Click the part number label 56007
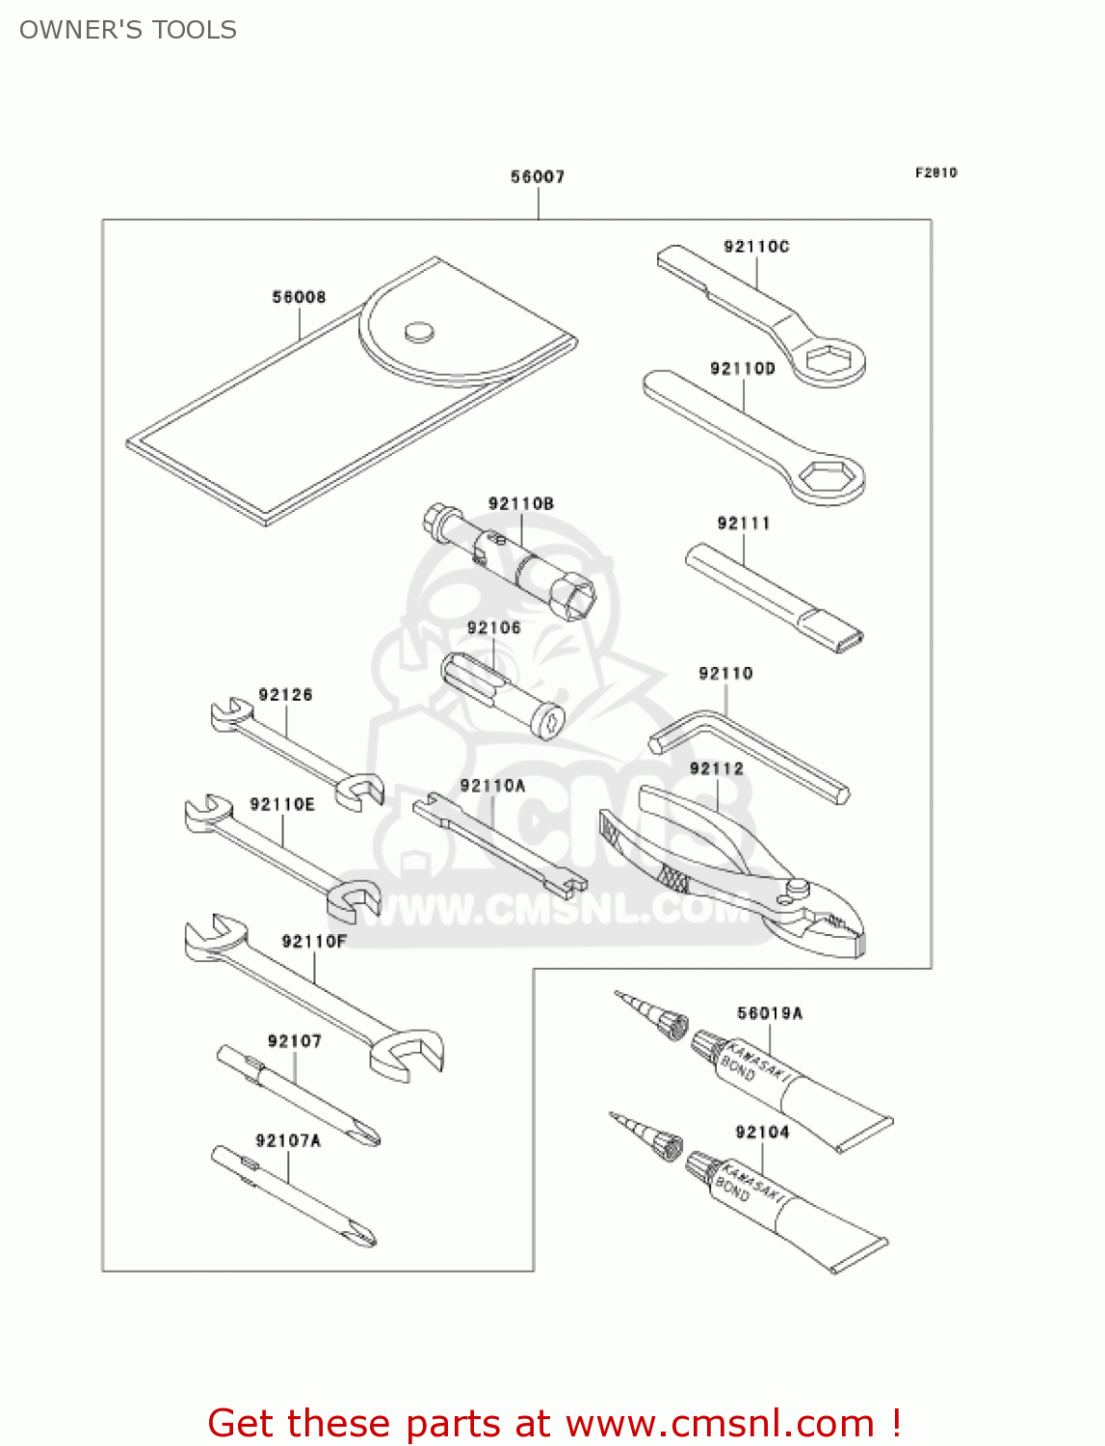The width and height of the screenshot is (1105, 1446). click(538, 176)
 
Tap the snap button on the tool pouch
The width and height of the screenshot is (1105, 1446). click(419, 332)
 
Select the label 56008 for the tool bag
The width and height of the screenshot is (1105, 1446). click(299, 297)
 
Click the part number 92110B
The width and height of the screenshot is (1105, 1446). click(520, 503)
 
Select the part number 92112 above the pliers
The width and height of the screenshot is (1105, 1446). click(717, 768)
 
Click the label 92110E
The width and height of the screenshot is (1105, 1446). click(282, 804)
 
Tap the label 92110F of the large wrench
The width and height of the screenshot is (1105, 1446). click(314, 941)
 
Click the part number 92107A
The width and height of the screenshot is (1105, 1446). click(288, 1140)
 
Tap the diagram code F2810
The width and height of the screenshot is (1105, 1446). click(935, 173)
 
